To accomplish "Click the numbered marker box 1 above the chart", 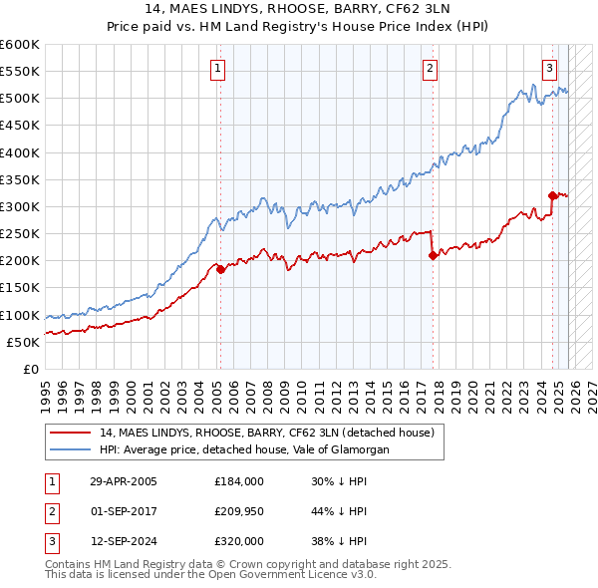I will tap(217, 69).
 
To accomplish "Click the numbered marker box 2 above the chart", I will tap(430, 69).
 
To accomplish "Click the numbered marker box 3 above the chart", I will tap(549, 69).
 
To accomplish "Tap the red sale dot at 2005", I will tap(220, 269).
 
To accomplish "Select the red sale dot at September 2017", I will tap(433, 255).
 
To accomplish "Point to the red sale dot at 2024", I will tap(552, 195).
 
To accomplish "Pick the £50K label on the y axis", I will tap(24, 342).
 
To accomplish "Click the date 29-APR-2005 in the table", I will tap(124, 481).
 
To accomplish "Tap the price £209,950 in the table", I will tap(239, 511).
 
